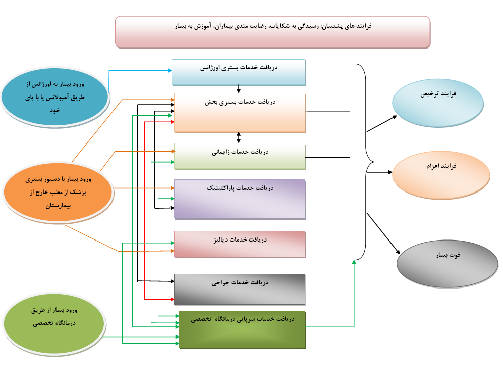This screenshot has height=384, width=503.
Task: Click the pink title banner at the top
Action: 272,31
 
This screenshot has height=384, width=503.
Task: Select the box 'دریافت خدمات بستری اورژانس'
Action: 238,72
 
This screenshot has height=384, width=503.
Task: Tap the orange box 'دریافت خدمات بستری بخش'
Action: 240,113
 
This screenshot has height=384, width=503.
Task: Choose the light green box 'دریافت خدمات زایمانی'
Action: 240,156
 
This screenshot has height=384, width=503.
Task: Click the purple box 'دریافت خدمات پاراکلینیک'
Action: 240,199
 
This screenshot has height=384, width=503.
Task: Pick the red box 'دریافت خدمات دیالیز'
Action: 240,244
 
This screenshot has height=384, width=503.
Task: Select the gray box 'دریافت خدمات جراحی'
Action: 240,289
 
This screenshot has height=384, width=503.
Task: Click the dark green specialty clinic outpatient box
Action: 243,329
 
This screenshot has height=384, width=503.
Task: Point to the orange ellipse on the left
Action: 58,193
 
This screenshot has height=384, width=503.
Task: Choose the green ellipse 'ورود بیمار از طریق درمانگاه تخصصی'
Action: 54,323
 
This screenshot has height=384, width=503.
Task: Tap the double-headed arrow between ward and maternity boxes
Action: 239,137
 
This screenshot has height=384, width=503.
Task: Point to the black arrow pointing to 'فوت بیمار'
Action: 383,232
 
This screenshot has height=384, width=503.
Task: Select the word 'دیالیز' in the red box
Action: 231,239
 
